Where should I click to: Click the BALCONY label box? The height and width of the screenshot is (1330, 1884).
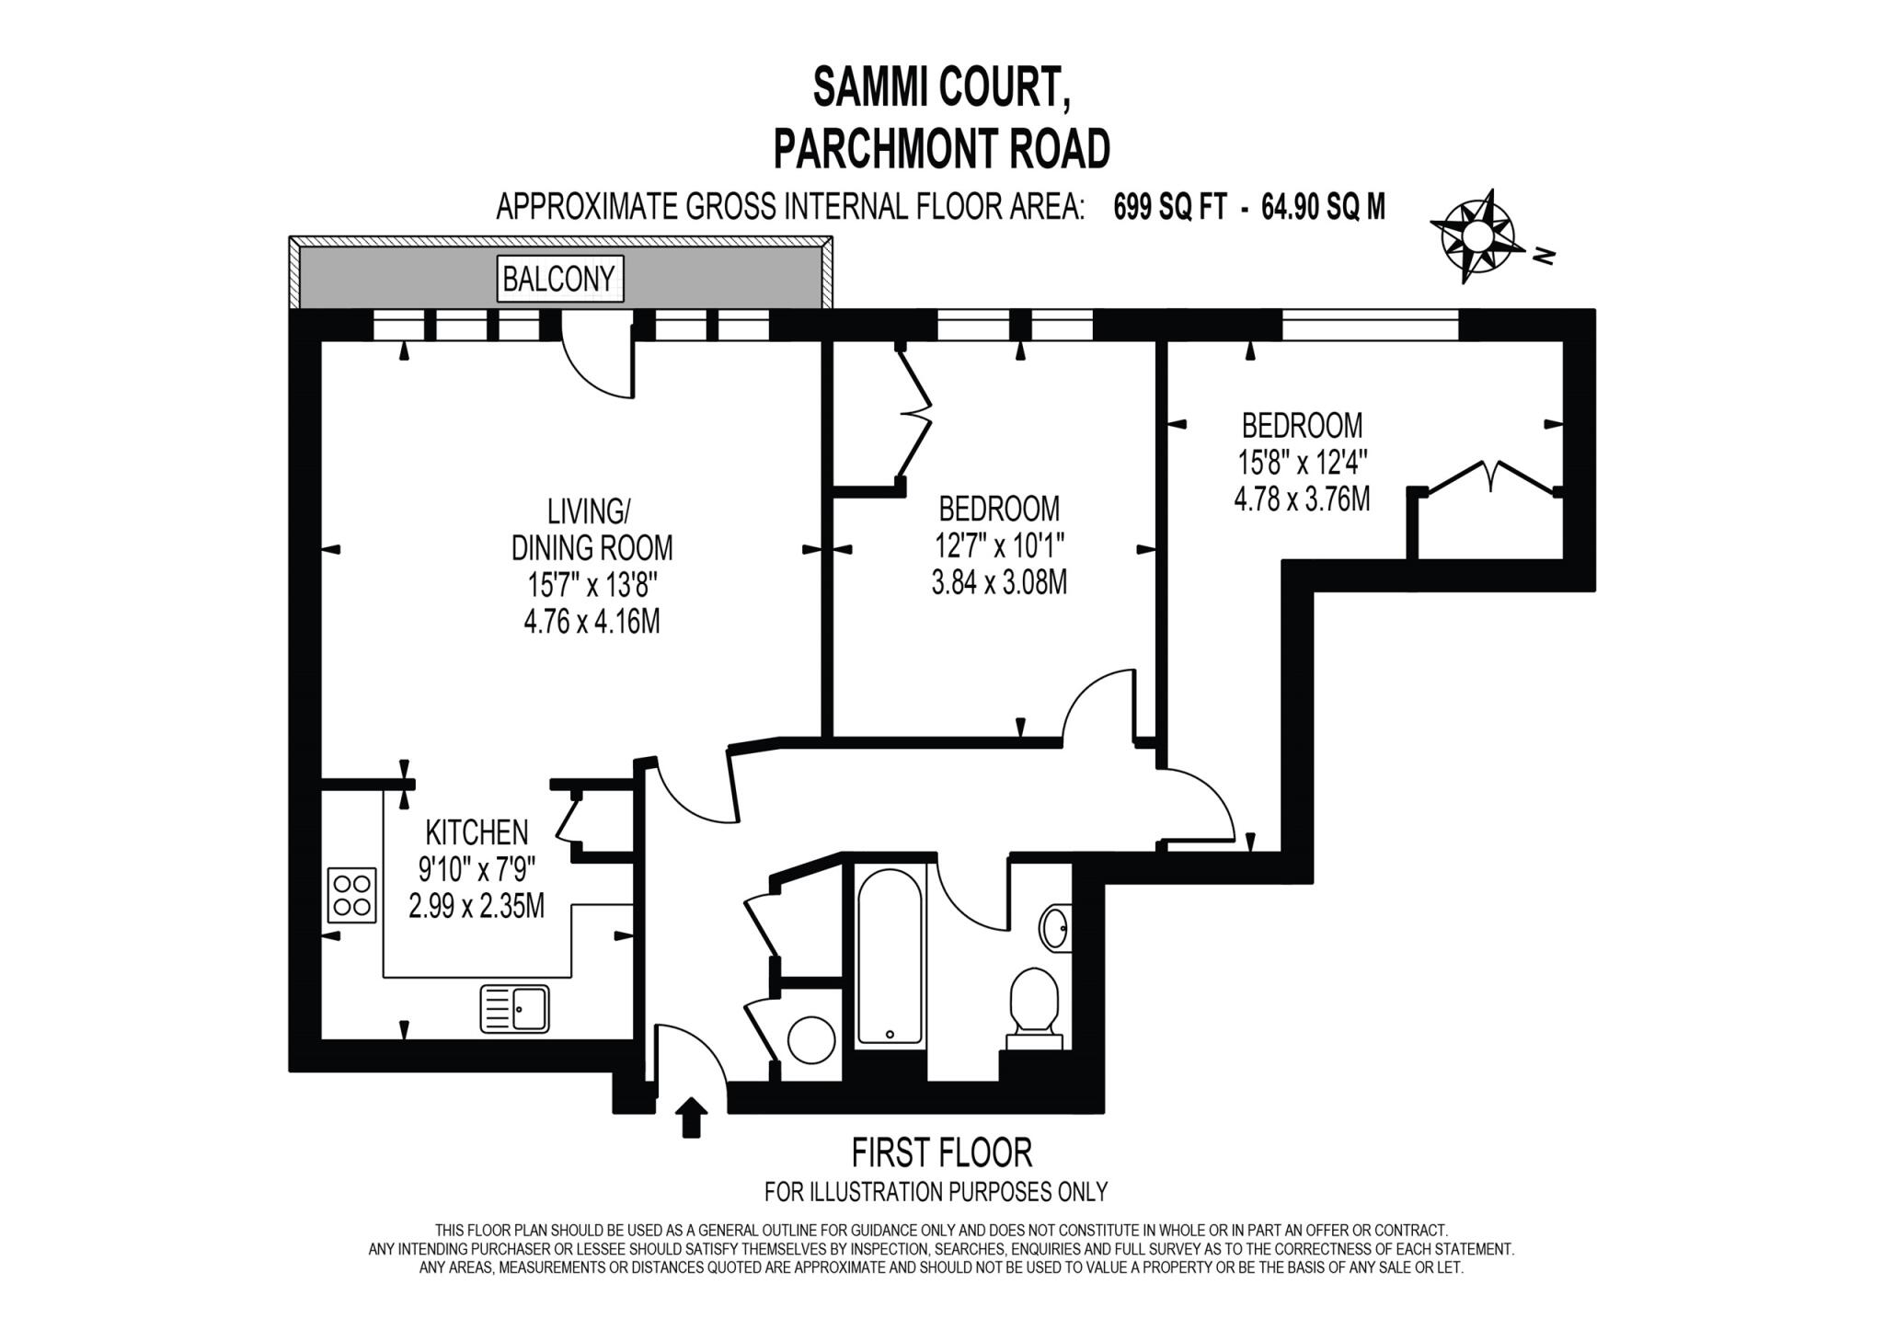(560, 278)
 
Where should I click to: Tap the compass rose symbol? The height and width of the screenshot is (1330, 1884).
(1476, 236)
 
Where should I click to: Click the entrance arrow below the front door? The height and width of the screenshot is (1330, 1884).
(692, 1117)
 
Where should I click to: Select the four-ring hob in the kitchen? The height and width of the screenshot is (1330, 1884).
(352, 895)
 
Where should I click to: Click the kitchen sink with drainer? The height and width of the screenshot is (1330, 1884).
(514, 1008)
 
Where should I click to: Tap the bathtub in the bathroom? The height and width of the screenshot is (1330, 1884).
(890, 957)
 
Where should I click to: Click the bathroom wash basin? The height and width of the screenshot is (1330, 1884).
(1055, 927)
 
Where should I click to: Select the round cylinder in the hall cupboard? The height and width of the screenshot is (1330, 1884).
(811, 1040)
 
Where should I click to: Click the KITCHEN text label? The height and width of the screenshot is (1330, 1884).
(477, 832)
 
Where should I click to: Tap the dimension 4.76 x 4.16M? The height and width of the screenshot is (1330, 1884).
(592, 623)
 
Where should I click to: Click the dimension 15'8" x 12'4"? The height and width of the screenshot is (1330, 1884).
(1302, 462)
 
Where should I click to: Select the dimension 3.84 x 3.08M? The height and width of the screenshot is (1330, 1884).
(999, 582)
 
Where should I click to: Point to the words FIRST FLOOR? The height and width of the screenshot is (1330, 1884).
(941, 1152)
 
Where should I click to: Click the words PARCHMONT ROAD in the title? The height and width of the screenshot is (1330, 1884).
(941, 149)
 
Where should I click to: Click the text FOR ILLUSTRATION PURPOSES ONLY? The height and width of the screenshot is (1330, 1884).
(936, 1192)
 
